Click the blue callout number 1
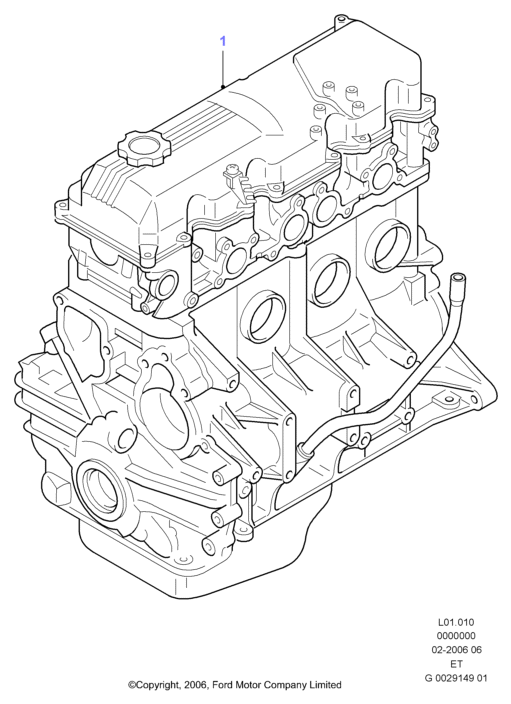click(x=223, y=41)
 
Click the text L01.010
click(x=455, y=623)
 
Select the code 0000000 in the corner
click(x=455, y=636)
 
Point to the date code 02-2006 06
click(x=455, y=650)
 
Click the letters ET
click(x=456, y=663)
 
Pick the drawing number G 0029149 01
click(x=455, y=678)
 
